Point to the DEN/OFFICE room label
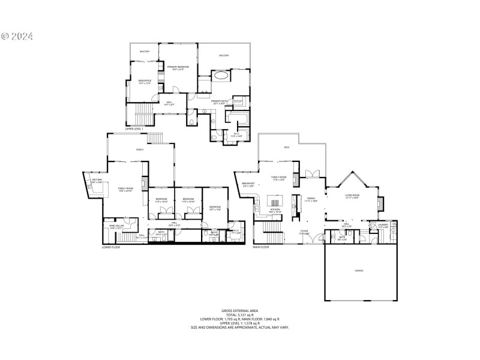[x=144, y=81]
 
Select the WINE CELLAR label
[x=116, y=226]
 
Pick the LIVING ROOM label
[x=352, y=196]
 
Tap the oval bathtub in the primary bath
[x=221, y=76]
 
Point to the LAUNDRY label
[x=383, y=225]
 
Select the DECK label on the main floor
[x=287, y=147]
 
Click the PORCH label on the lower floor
[x=139, y=149]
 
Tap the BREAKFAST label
[x=248, y=184]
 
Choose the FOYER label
[x=305, y=230]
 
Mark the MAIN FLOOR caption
[x=260, y=247]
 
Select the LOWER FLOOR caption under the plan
[x=110, y=247]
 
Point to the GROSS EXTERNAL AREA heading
[x=239, y=310]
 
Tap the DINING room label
[x=311, y=199]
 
